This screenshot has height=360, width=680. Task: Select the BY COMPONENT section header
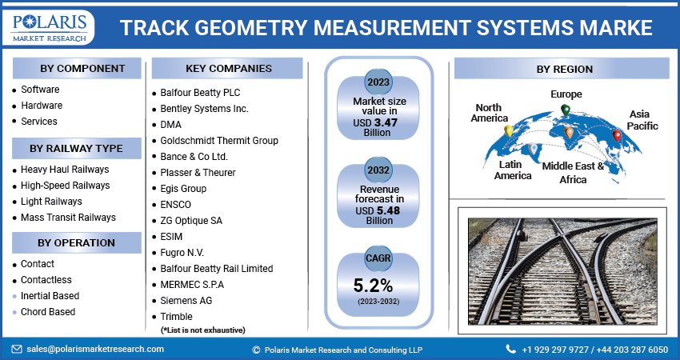(77, 68)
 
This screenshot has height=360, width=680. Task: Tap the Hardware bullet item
(42, 106)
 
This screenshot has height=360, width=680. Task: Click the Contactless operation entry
(46, 280)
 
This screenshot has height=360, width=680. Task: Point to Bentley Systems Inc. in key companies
(205, 109)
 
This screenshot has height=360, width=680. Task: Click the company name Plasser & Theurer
(198, 173)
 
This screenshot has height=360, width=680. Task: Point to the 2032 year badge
(378, 170)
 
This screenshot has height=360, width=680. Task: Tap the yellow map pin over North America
(508, 131)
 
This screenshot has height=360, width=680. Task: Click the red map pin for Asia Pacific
(617, 135)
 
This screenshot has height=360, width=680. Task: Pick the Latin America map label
(513, 170)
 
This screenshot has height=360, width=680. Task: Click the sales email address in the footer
(94, 350)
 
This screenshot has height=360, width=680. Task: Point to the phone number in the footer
(594, 350)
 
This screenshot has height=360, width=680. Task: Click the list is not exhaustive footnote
(202, 330)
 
